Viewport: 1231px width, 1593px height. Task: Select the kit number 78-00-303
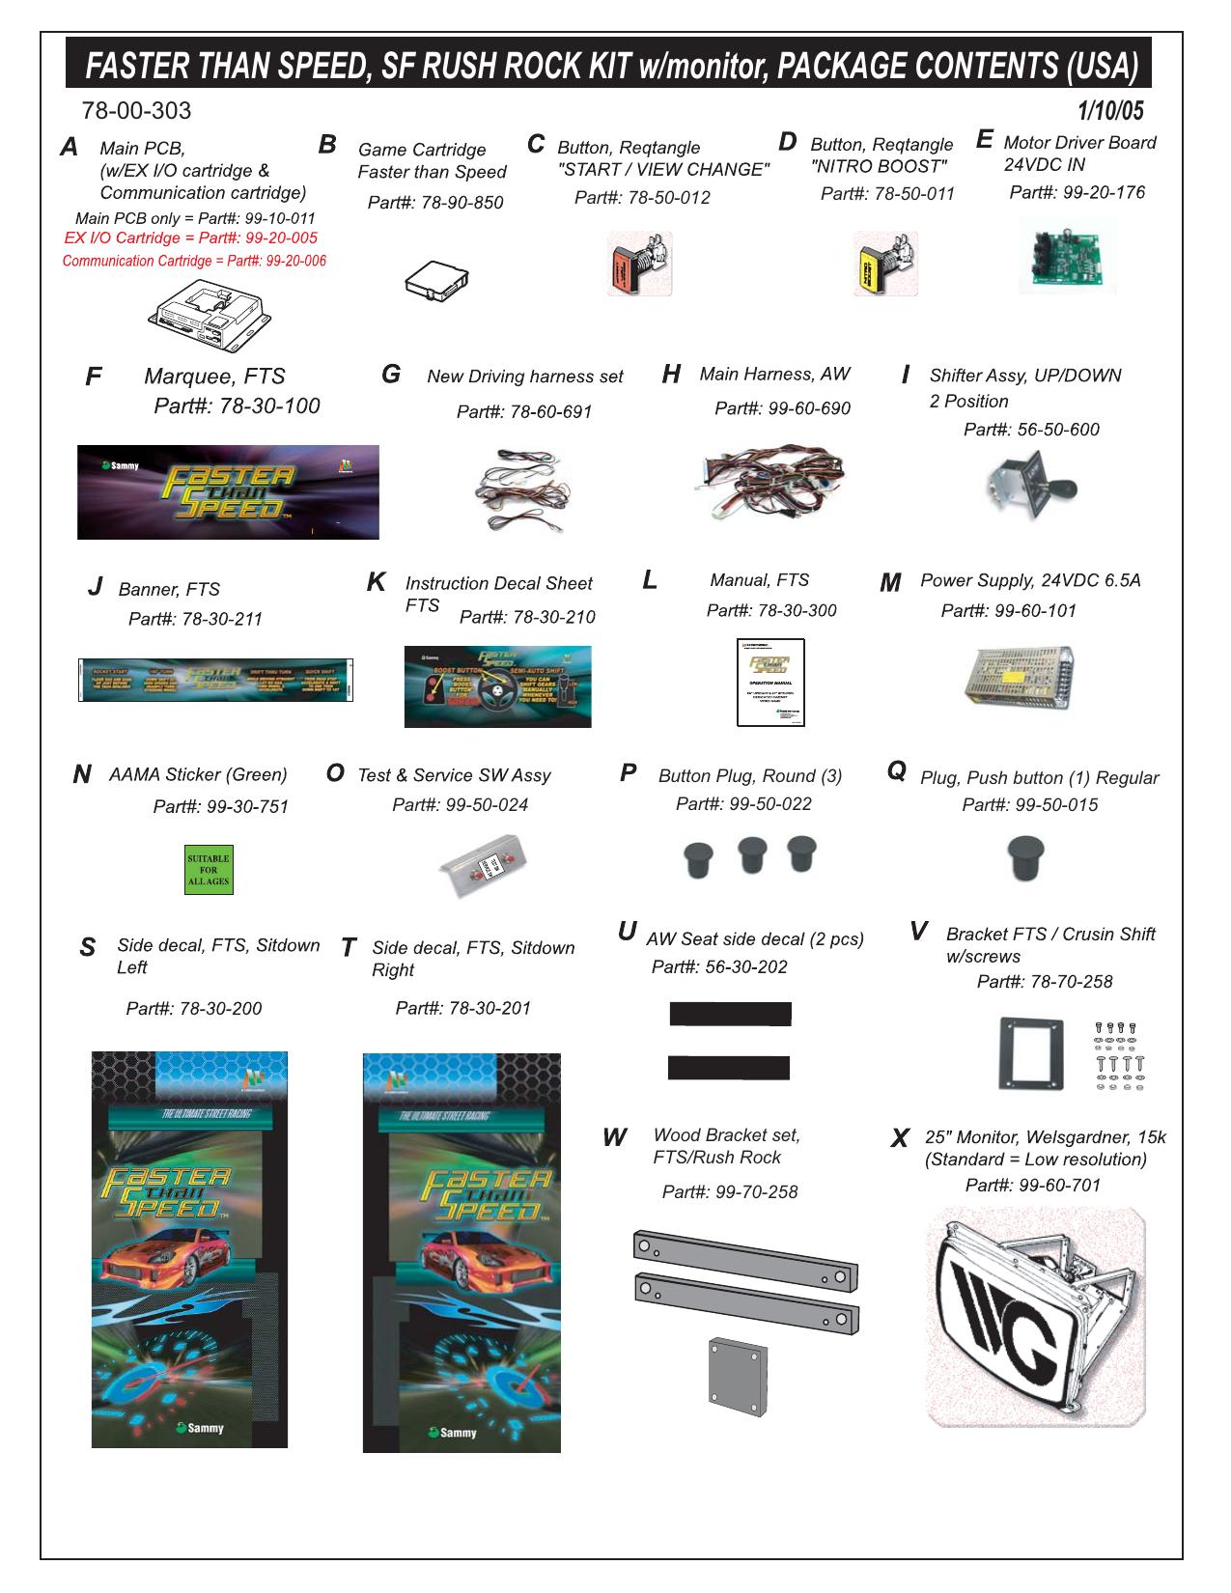pos(137,111)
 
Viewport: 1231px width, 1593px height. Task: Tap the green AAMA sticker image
pos(208,870)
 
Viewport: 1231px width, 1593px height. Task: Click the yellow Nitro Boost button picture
pos(885,264)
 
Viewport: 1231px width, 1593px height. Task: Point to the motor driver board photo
pos(1067,256)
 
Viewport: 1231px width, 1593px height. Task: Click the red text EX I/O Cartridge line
pos(190,238)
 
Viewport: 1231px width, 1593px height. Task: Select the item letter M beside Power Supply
pos(890,584)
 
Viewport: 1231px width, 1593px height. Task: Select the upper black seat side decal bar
pos(731,1014)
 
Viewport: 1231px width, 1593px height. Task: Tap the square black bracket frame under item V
pos(1030,1053)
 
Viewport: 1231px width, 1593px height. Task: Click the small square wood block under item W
pos(737,1373)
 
